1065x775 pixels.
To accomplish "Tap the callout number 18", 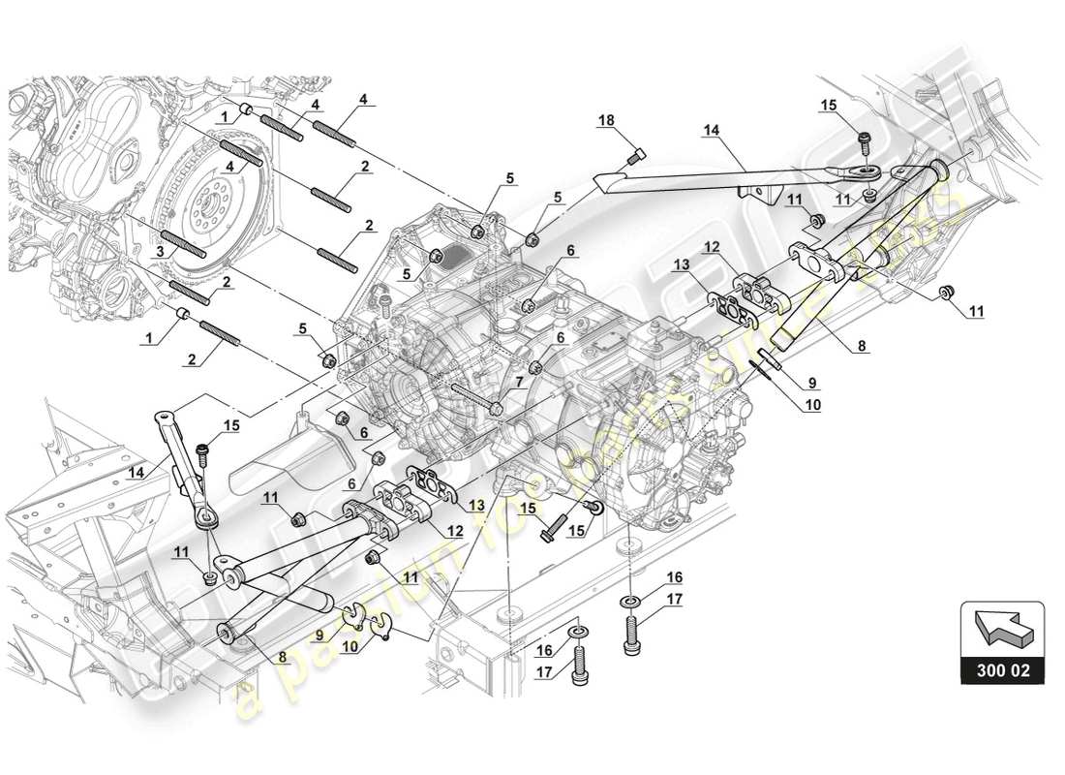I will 605,119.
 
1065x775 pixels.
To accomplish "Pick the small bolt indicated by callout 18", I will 637,153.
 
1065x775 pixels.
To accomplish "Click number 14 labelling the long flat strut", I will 713,130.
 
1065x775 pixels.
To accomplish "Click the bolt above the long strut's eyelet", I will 864,143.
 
